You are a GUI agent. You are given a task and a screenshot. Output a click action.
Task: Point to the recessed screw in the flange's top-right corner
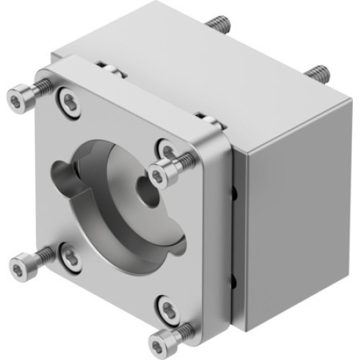coord(167,150)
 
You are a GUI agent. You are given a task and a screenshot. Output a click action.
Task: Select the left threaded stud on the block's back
coord(219,25)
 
